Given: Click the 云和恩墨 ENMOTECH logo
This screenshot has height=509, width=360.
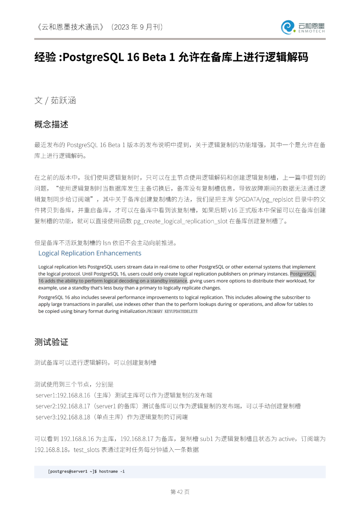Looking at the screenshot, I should (303, 27).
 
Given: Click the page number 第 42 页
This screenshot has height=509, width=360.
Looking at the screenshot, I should (180, 492).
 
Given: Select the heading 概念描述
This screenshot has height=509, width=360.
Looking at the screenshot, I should (51, 124).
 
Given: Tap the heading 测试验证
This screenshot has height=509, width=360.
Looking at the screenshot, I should (51, 342).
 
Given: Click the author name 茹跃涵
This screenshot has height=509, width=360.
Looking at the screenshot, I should (63, 100).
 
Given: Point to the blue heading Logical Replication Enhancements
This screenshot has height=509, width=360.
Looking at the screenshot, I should (90, 253).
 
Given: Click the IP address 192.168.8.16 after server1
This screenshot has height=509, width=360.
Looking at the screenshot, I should (74, 395).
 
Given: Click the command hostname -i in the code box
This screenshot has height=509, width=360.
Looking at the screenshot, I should (112, 471).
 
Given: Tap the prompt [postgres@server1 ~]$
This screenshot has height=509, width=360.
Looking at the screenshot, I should (72, 471).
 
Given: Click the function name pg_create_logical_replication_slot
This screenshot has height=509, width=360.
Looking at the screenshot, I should (180, 221).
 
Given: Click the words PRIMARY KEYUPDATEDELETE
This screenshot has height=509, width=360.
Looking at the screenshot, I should (172, 311).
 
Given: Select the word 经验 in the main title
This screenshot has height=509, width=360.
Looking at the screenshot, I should (45, 57).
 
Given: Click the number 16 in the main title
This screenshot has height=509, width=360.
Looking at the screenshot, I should (133, 57).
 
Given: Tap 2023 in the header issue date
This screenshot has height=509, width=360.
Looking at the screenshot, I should (122, 27).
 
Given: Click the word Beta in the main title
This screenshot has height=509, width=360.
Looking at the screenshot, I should (154, 57).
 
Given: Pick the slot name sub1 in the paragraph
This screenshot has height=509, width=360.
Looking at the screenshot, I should (206, 439).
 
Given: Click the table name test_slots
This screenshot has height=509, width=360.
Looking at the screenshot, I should (87, 450).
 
